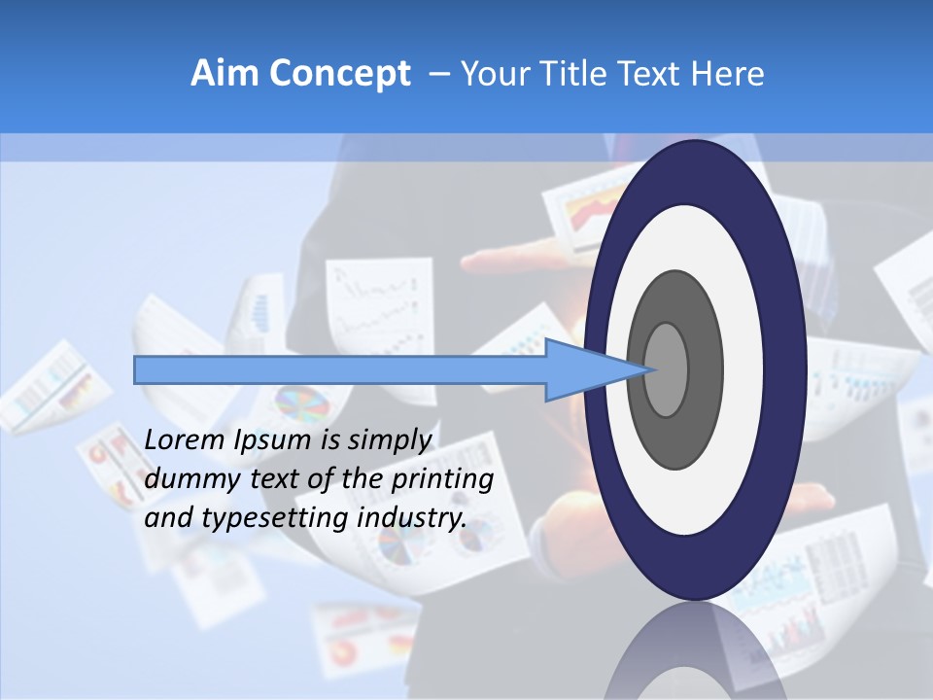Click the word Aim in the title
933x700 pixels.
click(x=218, y=74)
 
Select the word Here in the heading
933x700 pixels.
click(x=729, y=74)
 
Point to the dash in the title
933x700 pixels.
click(x=438, y=74)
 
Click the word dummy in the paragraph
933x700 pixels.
click(x=184, y=479)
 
